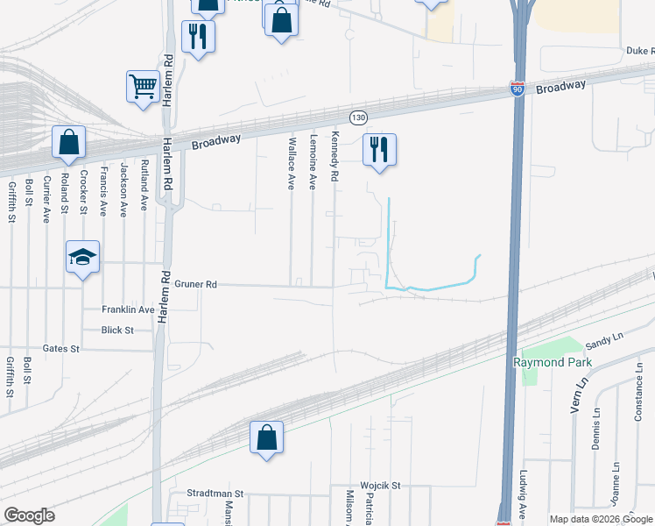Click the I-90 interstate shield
tap(518, 89)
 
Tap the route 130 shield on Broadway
tap(357, 117)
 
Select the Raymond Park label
tap(552, 362)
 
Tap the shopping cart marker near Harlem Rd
tap(143, 87)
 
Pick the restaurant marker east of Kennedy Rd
tap(379, 149)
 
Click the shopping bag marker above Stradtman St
tap(267, 437)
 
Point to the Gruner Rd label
tap(195, 284)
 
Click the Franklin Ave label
tap(128, 309)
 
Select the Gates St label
tap(61, 348)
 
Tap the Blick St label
tap(117, 330)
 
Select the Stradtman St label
tap(215, 494)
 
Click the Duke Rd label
tap(639, 52)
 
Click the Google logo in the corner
tap(30, 515)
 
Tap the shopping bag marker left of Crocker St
tap(68, 143)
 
